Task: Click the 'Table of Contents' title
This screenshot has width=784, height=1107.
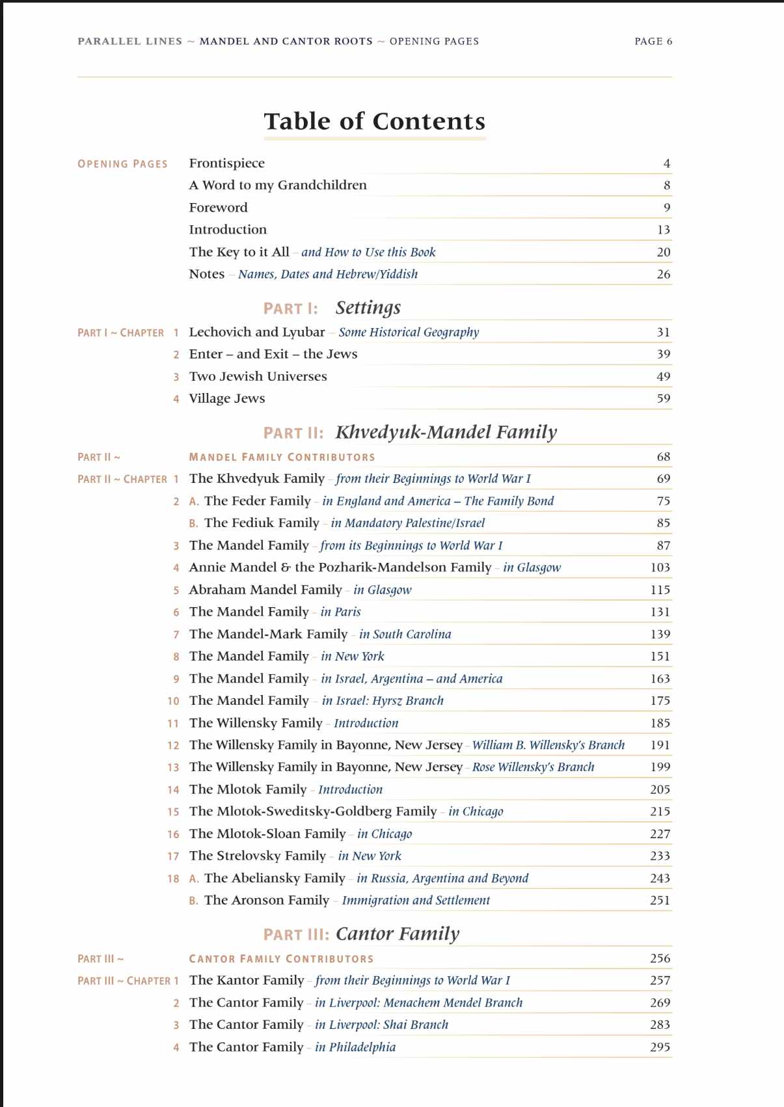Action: pyautogui.click(x=374, y=122)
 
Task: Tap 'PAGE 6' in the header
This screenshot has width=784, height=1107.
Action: pyautogui.click(x=653, y=41)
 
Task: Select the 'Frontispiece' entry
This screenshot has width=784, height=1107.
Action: pyautogui.click(x=226, y=163)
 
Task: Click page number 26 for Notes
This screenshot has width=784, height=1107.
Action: pyautogui.click(x=663, y=274)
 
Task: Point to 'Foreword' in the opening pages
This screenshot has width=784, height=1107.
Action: pyautogui.click(x=218, y=208)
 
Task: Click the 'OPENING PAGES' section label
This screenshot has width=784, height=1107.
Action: pyautogui.click(x=122, y=164)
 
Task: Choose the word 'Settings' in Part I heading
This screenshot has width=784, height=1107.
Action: pyautogui.click(x=368, y=307)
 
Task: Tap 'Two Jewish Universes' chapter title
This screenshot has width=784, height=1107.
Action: pyautogui.click(x=258, y=376)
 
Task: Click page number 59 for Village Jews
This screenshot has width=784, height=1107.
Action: pyautogui.click(x=663, y=398)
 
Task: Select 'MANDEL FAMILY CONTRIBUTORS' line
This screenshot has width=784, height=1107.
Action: pyautogui.click(x=282, y=457)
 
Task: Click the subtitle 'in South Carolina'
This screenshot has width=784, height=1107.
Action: pyautogui.click(x=405, y=634)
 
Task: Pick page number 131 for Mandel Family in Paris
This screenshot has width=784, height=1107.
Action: pyautogui.click(x=660, y=612)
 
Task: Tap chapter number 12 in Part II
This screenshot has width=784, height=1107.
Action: pyautogui.click(x=172, y=745)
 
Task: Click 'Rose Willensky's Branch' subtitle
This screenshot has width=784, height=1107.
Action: pyautogui.click(x=533, y=767)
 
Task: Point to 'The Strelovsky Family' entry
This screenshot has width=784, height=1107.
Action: pyautogui.click(x=257, y=856)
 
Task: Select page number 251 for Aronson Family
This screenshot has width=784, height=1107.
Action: pyautogui.click(x=660, y=900)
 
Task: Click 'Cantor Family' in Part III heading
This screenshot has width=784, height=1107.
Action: pyautogui.click(x=397, y=934)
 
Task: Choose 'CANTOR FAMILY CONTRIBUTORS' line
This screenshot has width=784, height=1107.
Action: pyautogui.click(x=281, y=959)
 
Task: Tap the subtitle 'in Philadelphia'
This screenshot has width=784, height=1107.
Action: pyautogui.click(x=355, y=1047)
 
